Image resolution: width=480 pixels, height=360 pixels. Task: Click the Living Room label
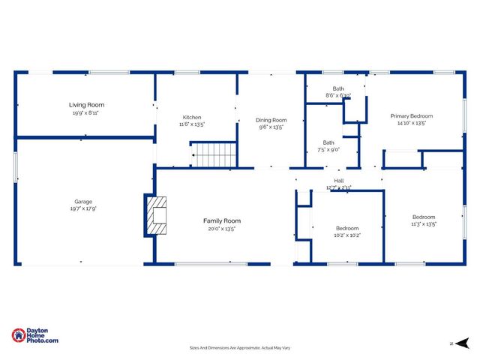[x=87, y=105]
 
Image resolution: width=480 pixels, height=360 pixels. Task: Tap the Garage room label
[x=82, y=201]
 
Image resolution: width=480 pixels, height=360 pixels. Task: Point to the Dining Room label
[x=271, y=120]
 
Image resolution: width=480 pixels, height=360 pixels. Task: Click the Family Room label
[x=222, y=220]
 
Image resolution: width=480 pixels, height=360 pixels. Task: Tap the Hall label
[x=339, y=180]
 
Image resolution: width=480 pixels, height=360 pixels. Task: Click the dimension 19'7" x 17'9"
[x=83, y=208]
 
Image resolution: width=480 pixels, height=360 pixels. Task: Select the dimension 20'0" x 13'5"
[x=222, y=229]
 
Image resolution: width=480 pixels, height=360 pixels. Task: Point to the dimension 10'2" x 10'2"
[x=347, y=235]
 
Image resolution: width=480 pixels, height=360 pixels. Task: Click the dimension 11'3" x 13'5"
[x=424, y=223]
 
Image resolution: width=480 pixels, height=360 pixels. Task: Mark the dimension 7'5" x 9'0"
[x=328, y=150]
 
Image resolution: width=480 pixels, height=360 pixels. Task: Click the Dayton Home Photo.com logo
[x=35, y=336]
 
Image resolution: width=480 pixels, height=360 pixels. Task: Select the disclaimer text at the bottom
[x=240, y=348]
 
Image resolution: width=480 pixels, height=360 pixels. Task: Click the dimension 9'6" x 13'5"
[x=271, y=127]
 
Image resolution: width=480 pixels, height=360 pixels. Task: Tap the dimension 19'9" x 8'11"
[x=86, y=113]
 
